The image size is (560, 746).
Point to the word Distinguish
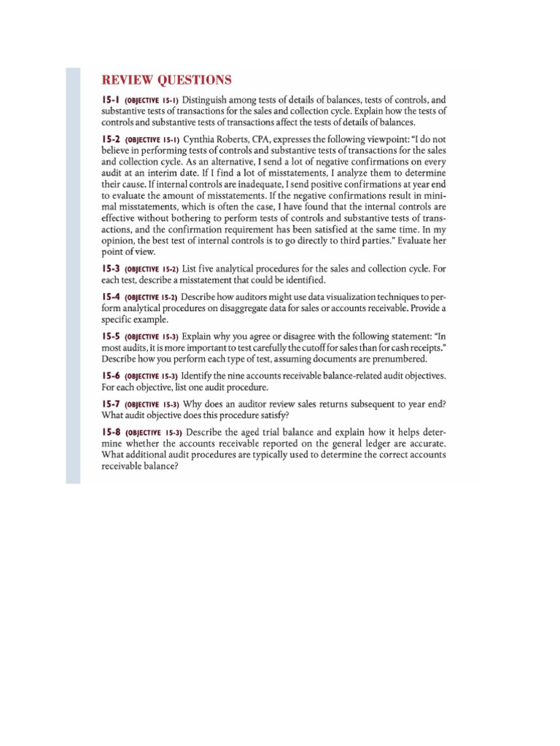[207, 99]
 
